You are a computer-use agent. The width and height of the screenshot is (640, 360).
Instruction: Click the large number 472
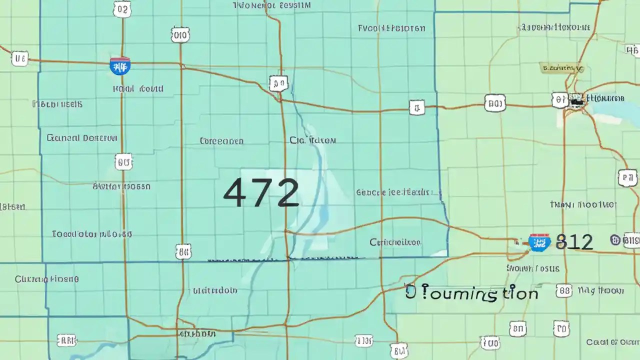[260, 192]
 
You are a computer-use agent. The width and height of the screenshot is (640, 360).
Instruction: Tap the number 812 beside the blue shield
[574, 242]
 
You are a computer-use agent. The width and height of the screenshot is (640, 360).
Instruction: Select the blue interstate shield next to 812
[539, 242]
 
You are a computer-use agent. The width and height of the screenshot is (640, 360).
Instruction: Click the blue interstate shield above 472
[120, 65]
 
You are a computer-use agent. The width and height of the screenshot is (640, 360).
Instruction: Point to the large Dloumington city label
[472, 293]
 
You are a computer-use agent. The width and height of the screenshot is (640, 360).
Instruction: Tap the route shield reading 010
[180, 34]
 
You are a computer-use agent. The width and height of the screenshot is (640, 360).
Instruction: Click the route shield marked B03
[494, 104]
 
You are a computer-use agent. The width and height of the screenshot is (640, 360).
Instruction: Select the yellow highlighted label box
[561, 67]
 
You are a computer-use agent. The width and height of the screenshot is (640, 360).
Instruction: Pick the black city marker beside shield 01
[576, 101]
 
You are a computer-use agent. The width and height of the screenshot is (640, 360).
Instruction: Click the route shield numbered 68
[563, 291]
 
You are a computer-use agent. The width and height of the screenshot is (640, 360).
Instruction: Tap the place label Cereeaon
[221, 141]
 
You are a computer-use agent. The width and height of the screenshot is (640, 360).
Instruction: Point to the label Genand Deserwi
[82, 137]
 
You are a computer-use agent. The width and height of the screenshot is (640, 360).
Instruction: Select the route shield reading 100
[490, 342]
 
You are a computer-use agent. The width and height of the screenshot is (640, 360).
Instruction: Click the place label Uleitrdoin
[215, 290]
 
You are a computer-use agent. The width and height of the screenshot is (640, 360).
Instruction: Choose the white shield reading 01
[559, 100]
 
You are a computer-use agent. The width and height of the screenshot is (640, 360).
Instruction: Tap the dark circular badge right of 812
[615, 240]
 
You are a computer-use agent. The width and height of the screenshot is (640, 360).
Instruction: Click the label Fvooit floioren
[391, 28]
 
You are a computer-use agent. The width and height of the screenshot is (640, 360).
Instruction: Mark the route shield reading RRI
[66, 341]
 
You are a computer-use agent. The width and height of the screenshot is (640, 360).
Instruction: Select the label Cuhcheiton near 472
[395, 242]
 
